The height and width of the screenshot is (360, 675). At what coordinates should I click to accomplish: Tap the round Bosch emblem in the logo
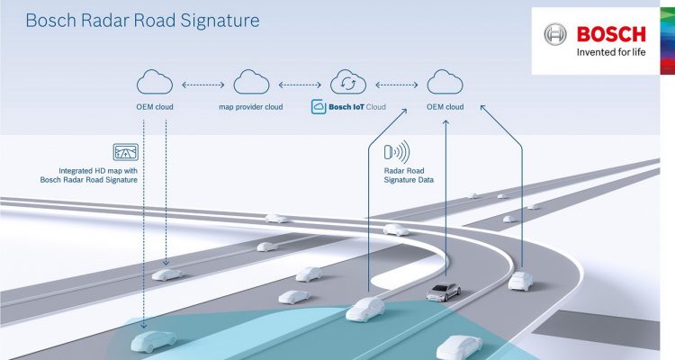[x=556, y=37]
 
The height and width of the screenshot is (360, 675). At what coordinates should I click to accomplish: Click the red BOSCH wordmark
[x=611, y=35]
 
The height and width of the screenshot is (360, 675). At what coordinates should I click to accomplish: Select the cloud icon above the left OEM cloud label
[x=155, y=83]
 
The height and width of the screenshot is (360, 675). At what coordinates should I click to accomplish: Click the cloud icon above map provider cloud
[x=251, y=83]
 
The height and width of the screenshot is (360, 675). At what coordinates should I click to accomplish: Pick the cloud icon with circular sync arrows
[x=347, y=83]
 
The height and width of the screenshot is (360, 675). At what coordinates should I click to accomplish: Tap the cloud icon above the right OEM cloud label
[x=445, y=83]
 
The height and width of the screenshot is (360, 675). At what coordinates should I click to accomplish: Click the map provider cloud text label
[x=251, y=107]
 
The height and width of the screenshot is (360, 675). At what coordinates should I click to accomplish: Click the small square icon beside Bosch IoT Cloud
[x=318, y=106]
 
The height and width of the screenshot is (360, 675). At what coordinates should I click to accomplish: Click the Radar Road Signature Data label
[x=403, y=175]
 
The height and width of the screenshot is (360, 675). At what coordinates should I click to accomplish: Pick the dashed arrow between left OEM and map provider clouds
[x=202, y=85]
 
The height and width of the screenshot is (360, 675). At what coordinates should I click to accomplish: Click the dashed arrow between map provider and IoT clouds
[x=299, y=85]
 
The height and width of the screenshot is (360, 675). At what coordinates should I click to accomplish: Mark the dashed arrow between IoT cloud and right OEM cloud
[x=396, y=85]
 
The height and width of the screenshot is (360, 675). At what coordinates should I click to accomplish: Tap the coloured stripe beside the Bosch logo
[x=667, y=37]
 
